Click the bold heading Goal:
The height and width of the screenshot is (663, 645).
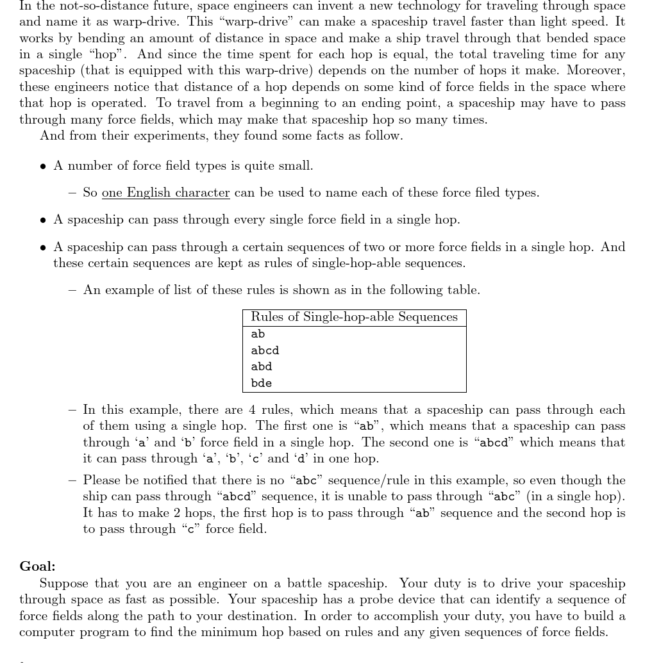pos(37,566)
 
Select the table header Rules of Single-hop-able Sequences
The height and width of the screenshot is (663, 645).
pos(354,317)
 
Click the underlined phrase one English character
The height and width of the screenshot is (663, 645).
pos(165,193)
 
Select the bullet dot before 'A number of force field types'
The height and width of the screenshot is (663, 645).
pos(43,167)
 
